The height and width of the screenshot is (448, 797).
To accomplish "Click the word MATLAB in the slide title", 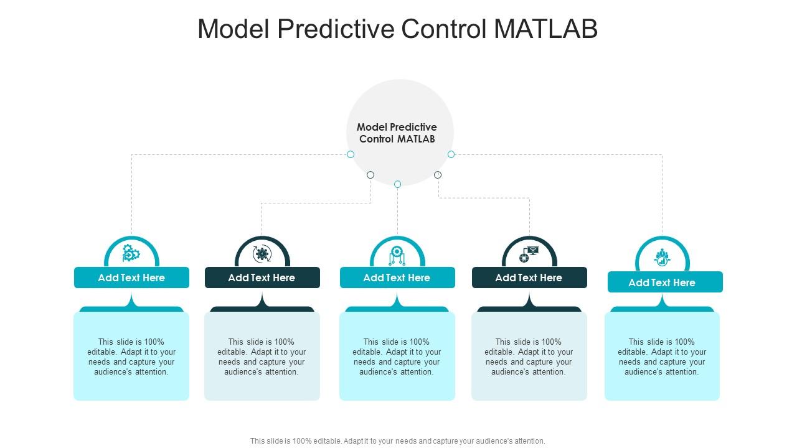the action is pyautogui.click(x=546, y=29).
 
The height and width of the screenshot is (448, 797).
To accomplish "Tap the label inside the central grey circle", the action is pyautogui.click(x=397, y=133).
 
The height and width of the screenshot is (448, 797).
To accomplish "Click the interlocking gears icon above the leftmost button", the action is pyautogui.click(x=131, y=253).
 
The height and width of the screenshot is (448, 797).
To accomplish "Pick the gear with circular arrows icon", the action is pyautogui.click(x=262, y=254).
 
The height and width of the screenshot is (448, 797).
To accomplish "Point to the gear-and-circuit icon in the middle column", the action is pyautogui.click(x=397, y=254).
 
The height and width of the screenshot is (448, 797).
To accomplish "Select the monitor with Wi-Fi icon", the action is pyautogui.click(x=529, y=253).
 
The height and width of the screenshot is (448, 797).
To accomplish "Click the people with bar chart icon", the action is pyautogui.click(x=662, y=257).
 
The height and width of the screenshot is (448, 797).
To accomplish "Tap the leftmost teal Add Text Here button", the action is pyautogui.click(x=131, y=278).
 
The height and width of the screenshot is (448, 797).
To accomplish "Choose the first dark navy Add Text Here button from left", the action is pyautogui.click(x=262, y=278).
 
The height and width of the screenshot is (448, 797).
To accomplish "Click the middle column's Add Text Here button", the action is pyautogui.click(x=397, y=278).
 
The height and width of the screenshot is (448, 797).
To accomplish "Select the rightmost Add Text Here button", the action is pyautogui.click(x=665, y=282).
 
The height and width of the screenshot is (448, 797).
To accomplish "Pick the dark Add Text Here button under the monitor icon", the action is pyautogui.click(x=529, y=278).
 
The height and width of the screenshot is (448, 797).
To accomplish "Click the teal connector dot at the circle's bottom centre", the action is pyautogui.click(x=397, y=184).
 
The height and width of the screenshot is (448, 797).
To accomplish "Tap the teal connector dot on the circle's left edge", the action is pyautogui.click(x=351, y=154).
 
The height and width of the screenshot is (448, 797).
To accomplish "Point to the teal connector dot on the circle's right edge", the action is pyautogui.click(x=451, y=154).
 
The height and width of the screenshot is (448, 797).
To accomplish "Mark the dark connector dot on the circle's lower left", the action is pyautogui.click(x=370, y=175).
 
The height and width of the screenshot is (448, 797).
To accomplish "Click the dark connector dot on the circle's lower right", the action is pyautogui.click(x=438, y=175).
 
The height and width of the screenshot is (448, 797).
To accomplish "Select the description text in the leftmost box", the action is pyautogui.click(x=131, y=357).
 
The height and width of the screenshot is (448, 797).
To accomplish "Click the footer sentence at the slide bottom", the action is pyautogui.click(x=397, y=441).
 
